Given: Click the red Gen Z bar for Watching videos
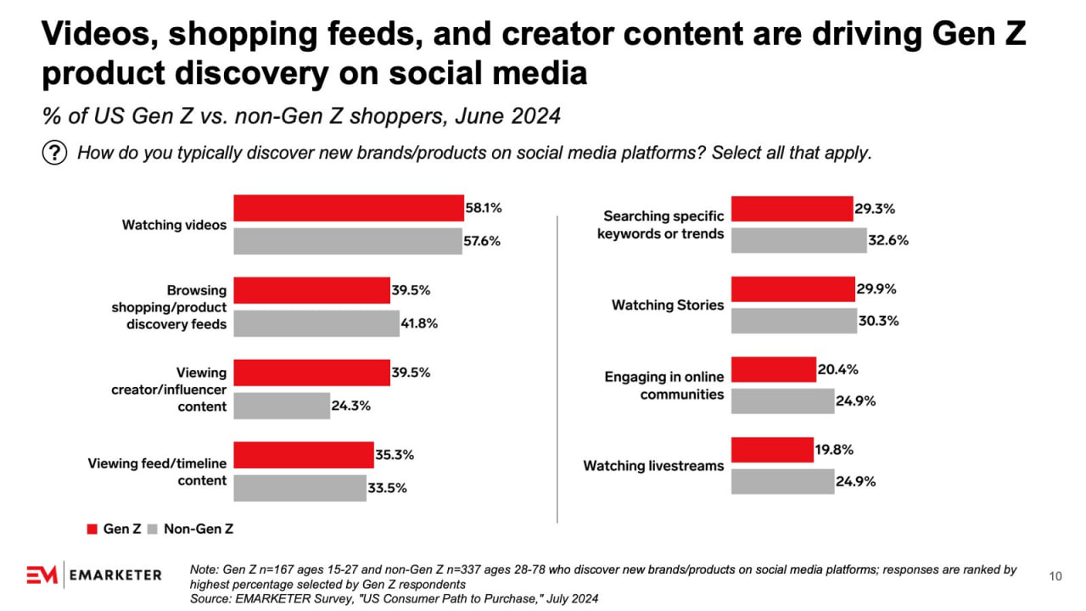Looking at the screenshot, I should tap(348, 208).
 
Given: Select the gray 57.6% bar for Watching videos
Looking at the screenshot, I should tap(348, 241).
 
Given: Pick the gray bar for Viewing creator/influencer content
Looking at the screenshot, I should tap(282, 406).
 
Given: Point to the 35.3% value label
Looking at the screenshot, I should tap(395, 455).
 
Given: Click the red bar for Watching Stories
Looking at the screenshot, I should tap(792, 289).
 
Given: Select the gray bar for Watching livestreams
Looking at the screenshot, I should tap(782, 481).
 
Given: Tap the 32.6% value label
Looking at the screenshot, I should tap(888, 240).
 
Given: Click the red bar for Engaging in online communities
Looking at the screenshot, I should tap(773, 369).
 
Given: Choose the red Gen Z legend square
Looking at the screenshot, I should tap(93, 529).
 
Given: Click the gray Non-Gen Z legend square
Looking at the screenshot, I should tap(153, 529).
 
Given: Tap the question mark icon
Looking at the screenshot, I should tap(54, 154).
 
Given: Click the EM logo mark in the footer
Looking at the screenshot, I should tap(42, 575).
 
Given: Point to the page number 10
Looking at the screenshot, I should tap(1055, 577).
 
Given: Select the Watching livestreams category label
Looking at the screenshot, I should tap(653, 466).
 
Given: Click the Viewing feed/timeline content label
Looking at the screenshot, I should tap(157, 472).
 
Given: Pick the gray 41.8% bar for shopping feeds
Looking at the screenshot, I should tap(316, 323).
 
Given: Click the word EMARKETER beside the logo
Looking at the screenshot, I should tap(116, 575).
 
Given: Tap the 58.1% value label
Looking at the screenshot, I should tap(484, 207).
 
